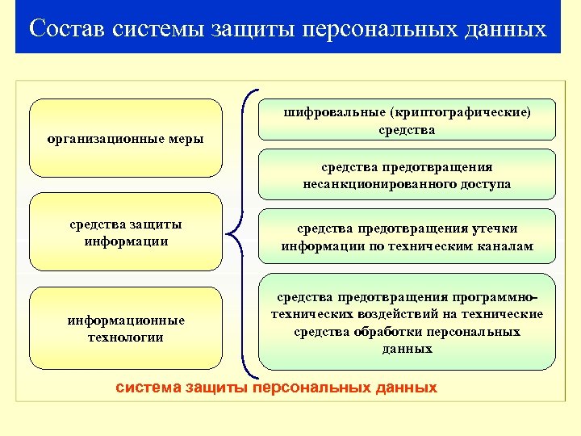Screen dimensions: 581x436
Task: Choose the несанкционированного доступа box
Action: (407, 174)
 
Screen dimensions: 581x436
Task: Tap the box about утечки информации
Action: (407, 237)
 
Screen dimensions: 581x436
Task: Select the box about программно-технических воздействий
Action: (407, 322)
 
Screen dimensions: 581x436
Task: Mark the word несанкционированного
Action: (371, 184)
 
